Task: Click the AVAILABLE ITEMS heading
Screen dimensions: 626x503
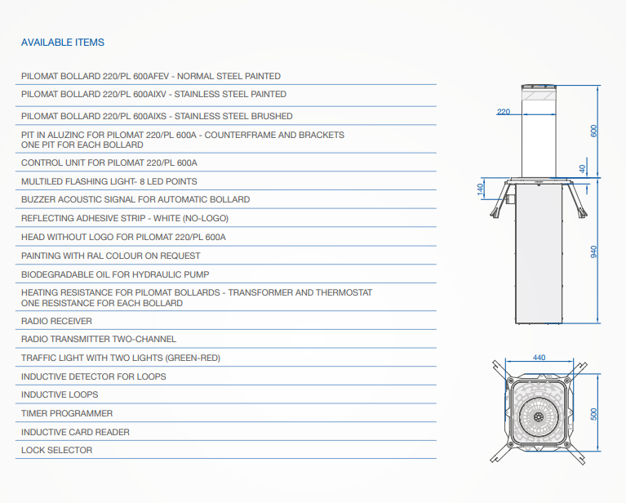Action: click(x=63, y=42)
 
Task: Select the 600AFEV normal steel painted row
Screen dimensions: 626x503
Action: click(x=151, y=76)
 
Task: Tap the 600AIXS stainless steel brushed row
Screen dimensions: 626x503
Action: click(x=157, y=116)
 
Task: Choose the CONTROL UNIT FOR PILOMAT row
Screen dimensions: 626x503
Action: click(x=109, y=163)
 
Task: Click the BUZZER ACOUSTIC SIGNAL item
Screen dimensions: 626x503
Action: click(x=135, y=200)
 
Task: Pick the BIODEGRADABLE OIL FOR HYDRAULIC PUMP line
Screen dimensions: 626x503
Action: click(x=115, y=275)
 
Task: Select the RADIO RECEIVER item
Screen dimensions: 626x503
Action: click(x=56, y=321)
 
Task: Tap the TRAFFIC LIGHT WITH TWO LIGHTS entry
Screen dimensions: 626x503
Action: click(x=121, y=358)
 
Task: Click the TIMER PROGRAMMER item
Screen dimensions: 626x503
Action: click(x=67, y=413)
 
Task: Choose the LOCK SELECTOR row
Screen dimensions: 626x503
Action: click(x=56, y=450)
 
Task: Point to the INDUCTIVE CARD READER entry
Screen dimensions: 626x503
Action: click(x=75, y=432)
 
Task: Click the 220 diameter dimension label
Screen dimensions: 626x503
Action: click(x=504, y=112)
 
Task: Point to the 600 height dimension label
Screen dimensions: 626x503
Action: click(x=593, y=131)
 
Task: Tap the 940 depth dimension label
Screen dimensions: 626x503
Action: click(x=593, y=251)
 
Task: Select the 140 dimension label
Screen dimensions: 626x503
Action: click(x=480, y=189)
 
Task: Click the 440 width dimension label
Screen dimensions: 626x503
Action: click(x=539, y=358)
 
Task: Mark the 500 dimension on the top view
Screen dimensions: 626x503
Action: click(x=593, y=414)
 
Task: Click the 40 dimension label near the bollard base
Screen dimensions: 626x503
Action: click(x=583, y=169)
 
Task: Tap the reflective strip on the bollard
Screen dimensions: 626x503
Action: click(x=539, y=96)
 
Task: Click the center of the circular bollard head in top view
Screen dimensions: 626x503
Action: click(x=539, y=417)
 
